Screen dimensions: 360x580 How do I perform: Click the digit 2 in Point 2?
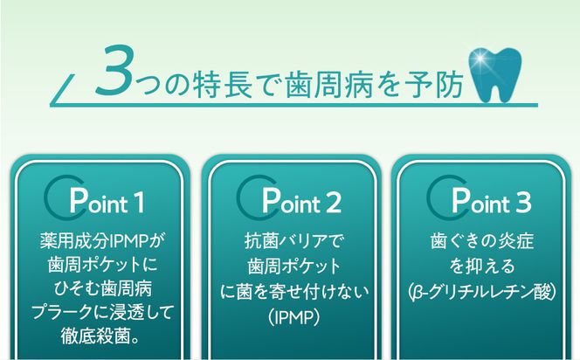coord(333,203)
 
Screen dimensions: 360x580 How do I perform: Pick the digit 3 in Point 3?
coord(522,203)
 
